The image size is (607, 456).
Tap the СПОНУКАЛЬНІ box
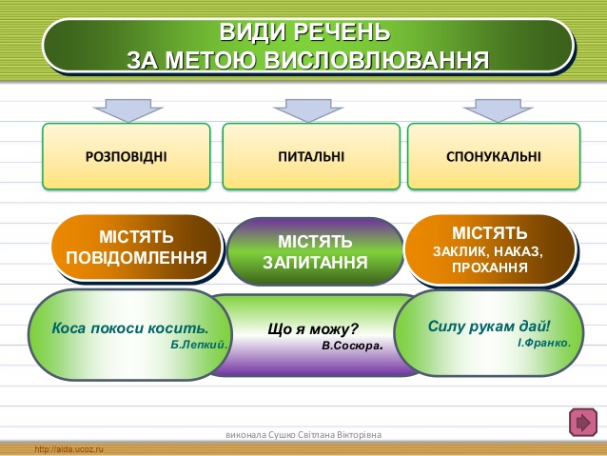point(493,155)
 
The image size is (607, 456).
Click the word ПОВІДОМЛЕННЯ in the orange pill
point(137,257)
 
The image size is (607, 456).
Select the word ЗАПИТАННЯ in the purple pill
point(315,262)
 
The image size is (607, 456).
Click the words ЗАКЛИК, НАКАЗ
point(487,251)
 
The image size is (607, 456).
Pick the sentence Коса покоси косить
point(130,328)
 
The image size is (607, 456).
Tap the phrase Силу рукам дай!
point(489,325)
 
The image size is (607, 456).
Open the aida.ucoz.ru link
point(69,448)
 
